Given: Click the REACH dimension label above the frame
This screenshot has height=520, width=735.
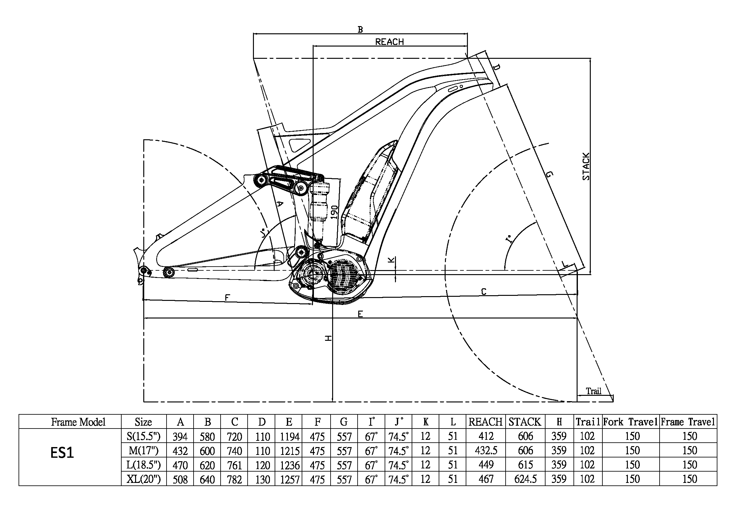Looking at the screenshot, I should click(x=389, y=41).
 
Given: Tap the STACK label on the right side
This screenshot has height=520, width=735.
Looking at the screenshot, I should click(x=585, y=167).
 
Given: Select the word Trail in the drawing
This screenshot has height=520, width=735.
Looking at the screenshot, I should click(x=594, y=391).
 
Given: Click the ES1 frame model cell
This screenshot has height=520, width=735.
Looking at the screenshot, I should click(x=62, y=453).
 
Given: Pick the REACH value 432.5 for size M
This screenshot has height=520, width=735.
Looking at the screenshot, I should click(x=486, y=451).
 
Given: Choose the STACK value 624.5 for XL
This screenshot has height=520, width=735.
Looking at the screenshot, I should click(x=525, y=479).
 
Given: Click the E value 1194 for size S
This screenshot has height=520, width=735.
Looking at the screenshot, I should click(x=289, y=436).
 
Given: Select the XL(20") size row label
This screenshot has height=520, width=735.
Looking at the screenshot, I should click(x=143, y=479).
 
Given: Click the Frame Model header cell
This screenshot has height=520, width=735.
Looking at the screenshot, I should click(x=78, y=422).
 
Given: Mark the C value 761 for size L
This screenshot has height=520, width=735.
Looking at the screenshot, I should click(x=234, y=465).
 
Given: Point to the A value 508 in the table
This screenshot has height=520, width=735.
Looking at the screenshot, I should click(x=180, y=479).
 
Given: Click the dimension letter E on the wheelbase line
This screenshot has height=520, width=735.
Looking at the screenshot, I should click(x=360, y=314).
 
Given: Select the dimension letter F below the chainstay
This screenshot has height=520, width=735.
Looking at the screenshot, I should click(x=227, y=298).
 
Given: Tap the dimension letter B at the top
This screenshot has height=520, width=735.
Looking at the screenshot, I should click(x=360, y=30).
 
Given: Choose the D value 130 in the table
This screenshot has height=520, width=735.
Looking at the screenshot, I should click(x=262, y=479).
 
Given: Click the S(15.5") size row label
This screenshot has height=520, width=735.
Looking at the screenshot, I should click(x=143, y=436).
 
